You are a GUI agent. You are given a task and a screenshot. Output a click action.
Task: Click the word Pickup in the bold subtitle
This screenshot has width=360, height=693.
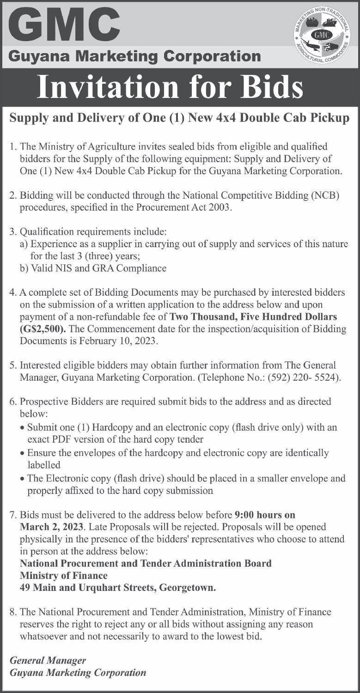tap(331, 119)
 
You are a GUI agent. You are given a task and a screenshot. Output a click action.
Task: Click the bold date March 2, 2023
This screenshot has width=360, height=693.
tap(52, 526)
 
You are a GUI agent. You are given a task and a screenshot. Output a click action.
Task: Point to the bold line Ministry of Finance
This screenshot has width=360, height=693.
tap(64, 576)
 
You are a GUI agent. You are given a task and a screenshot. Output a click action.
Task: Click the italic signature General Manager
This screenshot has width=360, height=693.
tap(48, 661)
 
